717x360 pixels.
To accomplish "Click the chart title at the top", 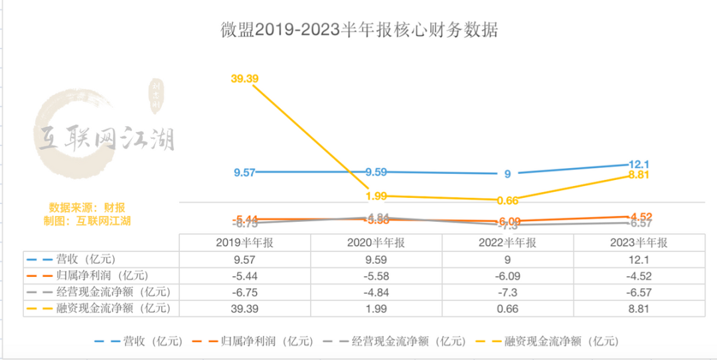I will [x=358, y=30].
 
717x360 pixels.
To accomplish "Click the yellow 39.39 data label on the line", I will [x=244, y=78].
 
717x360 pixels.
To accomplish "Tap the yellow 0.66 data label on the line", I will [x=507, y=200].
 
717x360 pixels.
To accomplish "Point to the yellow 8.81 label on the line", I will [x=639, y=175].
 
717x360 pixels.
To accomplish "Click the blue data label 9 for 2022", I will [x=507, y=174].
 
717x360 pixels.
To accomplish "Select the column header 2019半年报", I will [x=244, y=242].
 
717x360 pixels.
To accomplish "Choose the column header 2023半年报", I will [x=639, y=242].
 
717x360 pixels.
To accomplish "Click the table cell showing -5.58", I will [x=376, y=275].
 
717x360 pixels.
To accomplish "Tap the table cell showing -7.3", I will [x=507, y=292].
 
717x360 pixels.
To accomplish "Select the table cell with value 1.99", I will [x=376, y=308].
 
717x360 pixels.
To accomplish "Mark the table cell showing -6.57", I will [x=639, y=292].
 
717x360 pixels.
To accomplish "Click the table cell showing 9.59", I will [x=376, y=259].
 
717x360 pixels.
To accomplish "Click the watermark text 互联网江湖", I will [x=106, y=138].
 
